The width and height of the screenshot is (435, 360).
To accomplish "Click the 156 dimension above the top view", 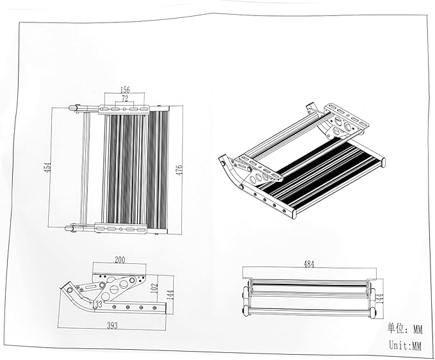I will point(125,91).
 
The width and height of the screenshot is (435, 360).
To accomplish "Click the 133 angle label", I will point(98,304).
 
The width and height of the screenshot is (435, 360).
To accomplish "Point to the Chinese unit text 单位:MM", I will point(405,329).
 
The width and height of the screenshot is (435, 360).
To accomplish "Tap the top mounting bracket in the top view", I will point(125,109).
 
